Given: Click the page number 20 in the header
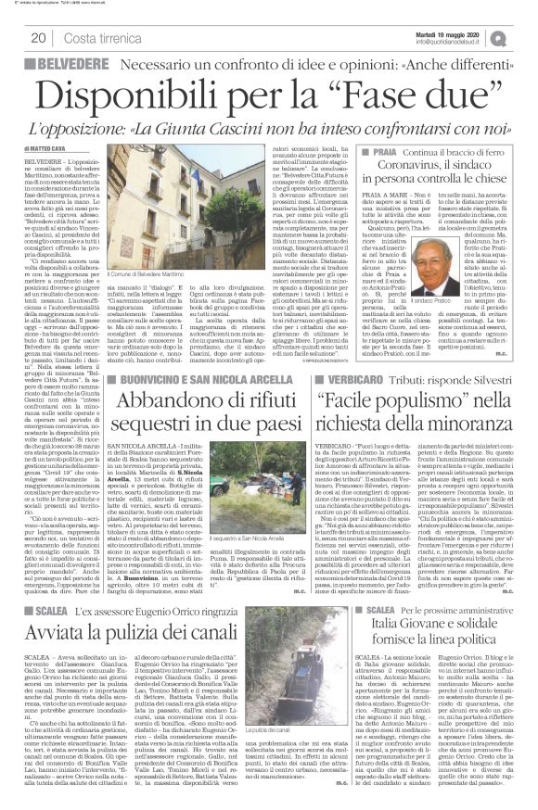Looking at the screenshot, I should pos(40,37).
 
